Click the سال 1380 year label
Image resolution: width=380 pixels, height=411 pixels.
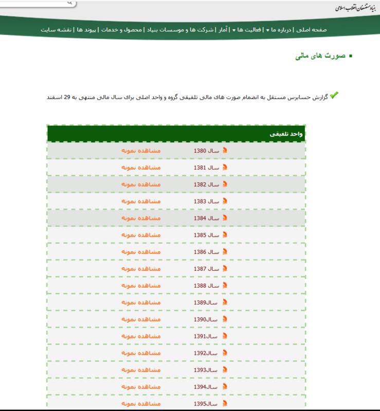[x=207, y=151]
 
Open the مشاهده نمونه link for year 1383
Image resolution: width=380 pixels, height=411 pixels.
[x=141, y=201]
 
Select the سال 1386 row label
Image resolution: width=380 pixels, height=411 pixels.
[x=207, y=252]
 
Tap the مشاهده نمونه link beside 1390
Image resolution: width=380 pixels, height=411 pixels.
[x=141, y=320]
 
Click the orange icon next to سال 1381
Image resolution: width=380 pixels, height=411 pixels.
[x=224, y=167]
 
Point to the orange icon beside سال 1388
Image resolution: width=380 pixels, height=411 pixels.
[x=224, y=286]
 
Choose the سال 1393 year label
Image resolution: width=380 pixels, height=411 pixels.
[x=207, y=370]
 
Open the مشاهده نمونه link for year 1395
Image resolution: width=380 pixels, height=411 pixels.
[x=141, y=404]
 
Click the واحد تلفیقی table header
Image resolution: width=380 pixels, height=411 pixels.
[x=287, y=134]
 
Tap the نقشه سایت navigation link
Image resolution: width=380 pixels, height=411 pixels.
[x=56, y=30]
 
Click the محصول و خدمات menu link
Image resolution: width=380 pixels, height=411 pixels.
[x=121, y=30]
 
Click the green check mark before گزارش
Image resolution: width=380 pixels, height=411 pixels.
[x=334, y=95]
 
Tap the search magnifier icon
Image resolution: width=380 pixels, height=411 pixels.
[x=70, y=3]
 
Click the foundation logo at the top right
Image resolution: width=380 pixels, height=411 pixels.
[x=355, y=8]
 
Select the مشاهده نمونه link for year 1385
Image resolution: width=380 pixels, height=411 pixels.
[x=141, y=235]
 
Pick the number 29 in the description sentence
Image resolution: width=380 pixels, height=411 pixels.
[x=67, y=97]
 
